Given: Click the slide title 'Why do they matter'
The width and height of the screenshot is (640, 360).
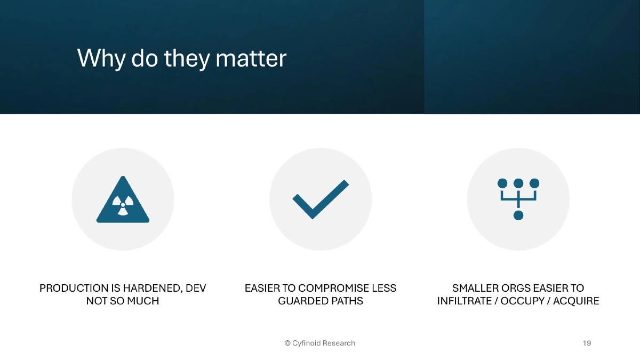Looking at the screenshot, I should click(x=182, y=58).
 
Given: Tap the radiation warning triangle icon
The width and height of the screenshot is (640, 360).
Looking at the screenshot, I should click(x=123, y=201).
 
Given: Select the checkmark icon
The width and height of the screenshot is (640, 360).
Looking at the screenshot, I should click(x=321, y=199).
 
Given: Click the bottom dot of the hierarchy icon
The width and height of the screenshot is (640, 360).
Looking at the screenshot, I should click(x=518, y=215).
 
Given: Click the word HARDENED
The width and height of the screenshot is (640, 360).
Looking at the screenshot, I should click(x=150, y=289).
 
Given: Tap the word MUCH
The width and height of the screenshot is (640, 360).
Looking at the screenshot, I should click(x=143, y=301).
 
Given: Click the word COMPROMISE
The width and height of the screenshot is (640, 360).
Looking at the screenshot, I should click(x=332, y=289).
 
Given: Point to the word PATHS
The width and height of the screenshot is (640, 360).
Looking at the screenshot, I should click(x=347, y=301).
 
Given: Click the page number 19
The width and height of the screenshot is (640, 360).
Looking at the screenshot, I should click(x=587, y=343).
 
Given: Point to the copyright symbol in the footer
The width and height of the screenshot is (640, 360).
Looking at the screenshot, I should click(x=287, y=343).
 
